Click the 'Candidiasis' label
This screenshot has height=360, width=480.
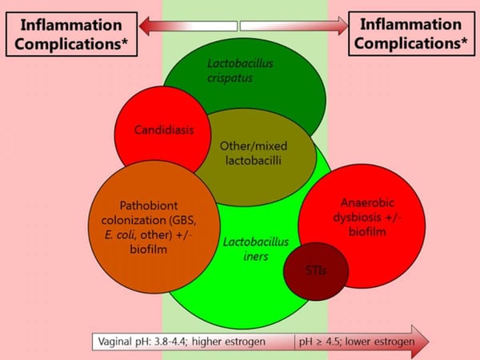click(162, 129)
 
